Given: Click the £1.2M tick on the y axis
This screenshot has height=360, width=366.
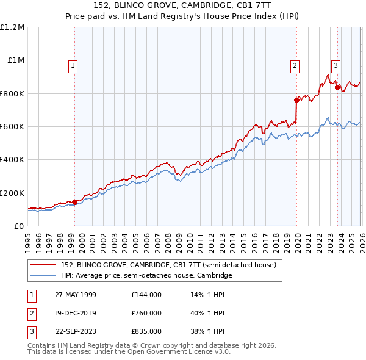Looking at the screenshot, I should (x=12, y=27).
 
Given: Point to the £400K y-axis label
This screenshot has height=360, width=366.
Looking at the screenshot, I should (x=12, y=160).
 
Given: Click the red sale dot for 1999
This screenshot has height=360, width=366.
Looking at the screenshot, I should (x=75, y=202).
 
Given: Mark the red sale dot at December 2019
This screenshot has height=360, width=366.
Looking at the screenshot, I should (x=296, y=100).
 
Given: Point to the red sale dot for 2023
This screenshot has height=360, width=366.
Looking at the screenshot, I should (x=337, y=87).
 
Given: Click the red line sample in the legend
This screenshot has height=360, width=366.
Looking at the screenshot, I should (x=43, y=265).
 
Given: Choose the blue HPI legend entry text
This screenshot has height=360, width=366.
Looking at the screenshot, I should (x=146, y=276).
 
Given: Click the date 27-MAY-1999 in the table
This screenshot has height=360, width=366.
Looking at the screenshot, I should (x=75, y=295).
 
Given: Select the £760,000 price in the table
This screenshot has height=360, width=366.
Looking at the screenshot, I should (x=146, y=313).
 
